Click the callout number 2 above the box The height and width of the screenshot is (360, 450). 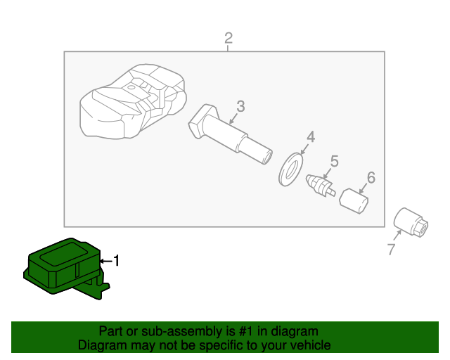point(229,38)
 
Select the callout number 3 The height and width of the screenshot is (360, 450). point(240,106)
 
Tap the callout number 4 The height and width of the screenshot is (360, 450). point(311,137)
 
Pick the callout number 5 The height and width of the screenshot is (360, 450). point(335,161)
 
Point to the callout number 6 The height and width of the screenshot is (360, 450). point(371,178)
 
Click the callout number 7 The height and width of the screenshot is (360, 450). point(392,249)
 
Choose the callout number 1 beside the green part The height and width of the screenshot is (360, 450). point(116,261)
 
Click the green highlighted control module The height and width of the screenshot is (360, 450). point(66,269)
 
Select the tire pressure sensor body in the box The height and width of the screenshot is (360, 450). point(133,101)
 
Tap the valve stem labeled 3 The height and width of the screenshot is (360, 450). point(230,134)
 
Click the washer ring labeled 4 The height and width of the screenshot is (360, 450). point(290,169)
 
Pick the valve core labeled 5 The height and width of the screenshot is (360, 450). point(321,186)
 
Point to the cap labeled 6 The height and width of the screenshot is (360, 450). point(354,201)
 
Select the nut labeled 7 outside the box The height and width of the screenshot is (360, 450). point(411,222)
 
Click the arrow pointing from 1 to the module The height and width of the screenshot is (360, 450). point(106,261)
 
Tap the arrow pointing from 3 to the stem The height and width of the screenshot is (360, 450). point(233,118)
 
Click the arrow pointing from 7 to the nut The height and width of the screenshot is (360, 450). point(397,236)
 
